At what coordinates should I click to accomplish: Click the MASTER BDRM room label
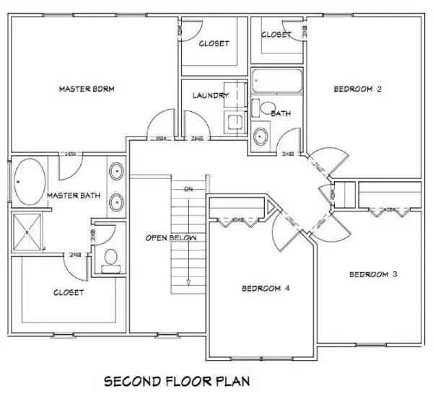[87, 89]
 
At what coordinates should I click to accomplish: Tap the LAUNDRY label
[211, 95]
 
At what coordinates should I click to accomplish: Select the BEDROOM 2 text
[357, 89]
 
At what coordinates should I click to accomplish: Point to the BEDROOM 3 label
[373, 274]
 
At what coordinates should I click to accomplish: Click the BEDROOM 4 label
[266, 289]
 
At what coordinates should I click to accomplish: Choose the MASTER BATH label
[71, 196]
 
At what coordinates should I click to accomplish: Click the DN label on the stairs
[189, 189]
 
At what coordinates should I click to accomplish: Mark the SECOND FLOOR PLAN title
[177, 380]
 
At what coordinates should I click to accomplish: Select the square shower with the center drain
[28, 232]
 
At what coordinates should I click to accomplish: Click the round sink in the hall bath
[260, 135]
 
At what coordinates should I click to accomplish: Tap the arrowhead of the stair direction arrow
[188, 282]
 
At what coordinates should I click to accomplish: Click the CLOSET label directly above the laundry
[214, 43]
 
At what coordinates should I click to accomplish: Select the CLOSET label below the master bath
[69, 292]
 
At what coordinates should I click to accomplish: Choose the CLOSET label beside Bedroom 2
[276, 34]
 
